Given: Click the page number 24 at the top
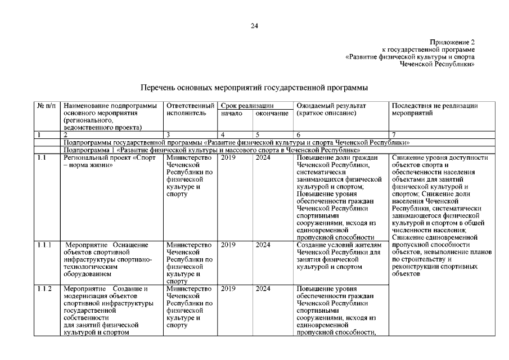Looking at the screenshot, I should tap(254, 26).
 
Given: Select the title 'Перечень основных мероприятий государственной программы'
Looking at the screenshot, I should tap(254, 88).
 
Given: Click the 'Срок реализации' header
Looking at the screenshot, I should tap(247, 105).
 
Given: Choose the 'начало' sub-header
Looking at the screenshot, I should tap(232, 113).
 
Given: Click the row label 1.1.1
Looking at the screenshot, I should tap(45, 245).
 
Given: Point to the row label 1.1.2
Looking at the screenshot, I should tap(45, 289).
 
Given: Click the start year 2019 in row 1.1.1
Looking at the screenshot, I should tap(228, 245).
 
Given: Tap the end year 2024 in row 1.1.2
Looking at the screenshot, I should tap(263, 289).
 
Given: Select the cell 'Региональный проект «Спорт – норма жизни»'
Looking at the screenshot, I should tap(110, 162).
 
